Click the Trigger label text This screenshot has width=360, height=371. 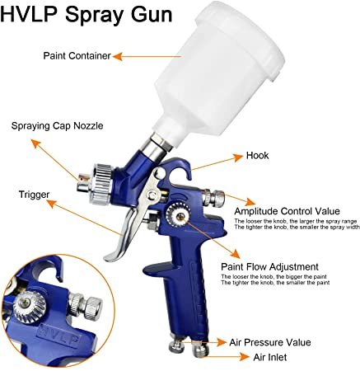coord(33,195)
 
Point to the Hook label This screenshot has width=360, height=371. coord(258,154)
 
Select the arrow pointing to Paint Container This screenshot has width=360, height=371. coord(129,56)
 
